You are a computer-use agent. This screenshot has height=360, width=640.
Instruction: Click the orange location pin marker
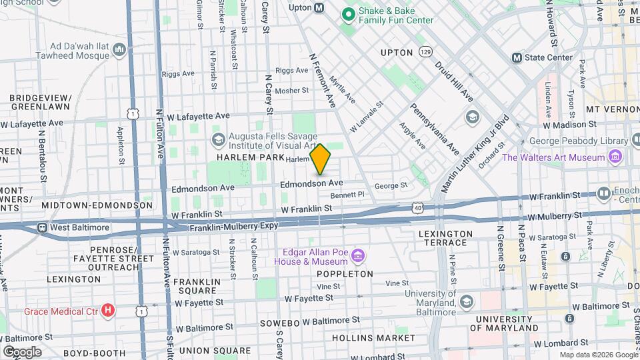[321, 159]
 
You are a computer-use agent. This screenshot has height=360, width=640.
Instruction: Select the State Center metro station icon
[517, 57]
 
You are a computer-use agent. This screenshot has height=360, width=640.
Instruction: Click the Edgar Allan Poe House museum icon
[358, 255]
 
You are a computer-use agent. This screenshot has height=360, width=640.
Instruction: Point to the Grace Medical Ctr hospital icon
[108, 311]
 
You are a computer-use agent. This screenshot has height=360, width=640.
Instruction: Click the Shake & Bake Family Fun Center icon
[347, 13]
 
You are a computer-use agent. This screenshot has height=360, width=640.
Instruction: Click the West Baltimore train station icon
[42, 227]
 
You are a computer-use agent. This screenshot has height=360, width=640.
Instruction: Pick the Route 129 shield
[425, 52]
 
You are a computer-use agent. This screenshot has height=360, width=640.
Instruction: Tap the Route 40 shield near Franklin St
[417, 208]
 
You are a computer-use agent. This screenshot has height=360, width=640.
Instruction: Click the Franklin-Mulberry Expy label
[233, 227]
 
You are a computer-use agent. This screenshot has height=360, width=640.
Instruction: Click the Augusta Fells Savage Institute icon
[218, 139]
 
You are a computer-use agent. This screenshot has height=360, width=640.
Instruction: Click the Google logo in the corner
[22, 351]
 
